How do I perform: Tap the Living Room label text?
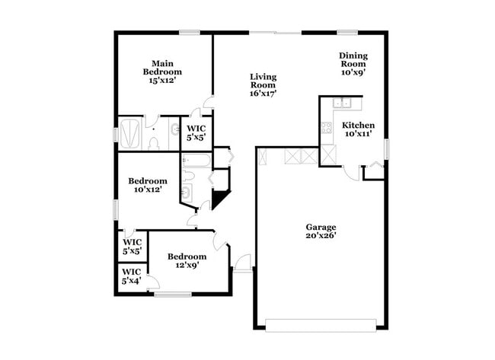[x=263, y=85]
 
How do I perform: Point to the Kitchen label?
[x=357, y=129]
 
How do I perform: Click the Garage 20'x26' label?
[x=321, y=231]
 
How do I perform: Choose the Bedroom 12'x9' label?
[x=187, y=261]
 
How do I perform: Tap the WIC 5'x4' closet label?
[x=131, y=276]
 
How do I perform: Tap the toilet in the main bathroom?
[x=153, y=141]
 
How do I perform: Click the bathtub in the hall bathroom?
[x=196, y=161]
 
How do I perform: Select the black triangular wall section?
[x=220, y=199]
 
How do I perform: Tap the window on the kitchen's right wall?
[x=387, y=148]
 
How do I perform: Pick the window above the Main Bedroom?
[x=190, y=32]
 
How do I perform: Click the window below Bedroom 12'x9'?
[x=172, y=295]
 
